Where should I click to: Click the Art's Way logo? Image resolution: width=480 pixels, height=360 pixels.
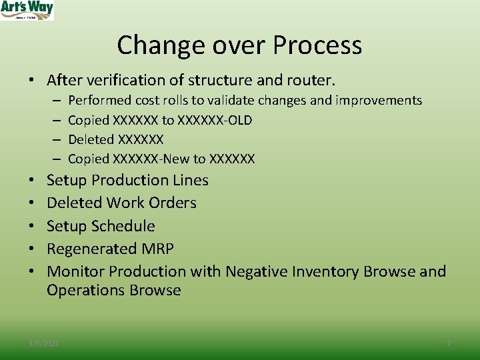(27, 10)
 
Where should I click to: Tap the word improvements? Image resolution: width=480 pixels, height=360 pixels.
(381, 101)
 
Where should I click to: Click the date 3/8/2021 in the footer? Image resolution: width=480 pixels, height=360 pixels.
(43, 343)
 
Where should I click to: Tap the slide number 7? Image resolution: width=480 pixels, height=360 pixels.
(449, 343)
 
